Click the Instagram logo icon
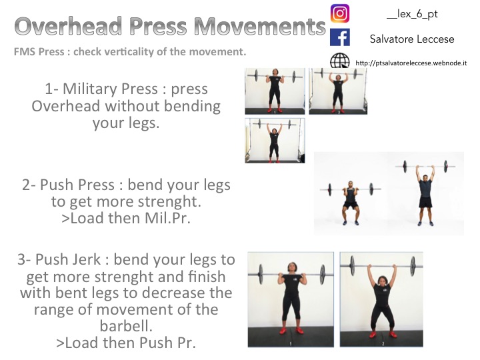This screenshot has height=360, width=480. point(340,13)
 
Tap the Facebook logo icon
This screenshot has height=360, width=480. point(340,37)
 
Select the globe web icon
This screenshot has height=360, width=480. point(340,60)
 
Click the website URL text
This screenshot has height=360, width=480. point(411,63)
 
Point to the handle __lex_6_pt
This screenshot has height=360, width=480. point(412,14)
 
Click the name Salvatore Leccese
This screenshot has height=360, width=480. point(412,39)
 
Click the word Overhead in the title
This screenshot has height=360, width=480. point(68,26)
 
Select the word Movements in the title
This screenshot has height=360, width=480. point(259,26)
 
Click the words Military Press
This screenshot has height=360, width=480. point(110,89)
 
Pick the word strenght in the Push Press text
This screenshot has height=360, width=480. point(169,202)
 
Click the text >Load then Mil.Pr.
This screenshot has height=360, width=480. point(126,218)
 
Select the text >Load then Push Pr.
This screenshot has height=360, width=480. point(126,343)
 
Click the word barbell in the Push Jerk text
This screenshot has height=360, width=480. point(126,326)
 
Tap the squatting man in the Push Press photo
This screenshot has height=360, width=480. point(351,203)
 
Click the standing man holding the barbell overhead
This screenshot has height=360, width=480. point(425,195)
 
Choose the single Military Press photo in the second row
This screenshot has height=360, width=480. point(275,141)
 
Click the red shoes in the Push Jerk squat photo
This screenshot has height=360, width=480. point(383,334)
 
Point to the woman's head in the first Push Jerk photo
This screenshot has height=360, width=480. point(293,269)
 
